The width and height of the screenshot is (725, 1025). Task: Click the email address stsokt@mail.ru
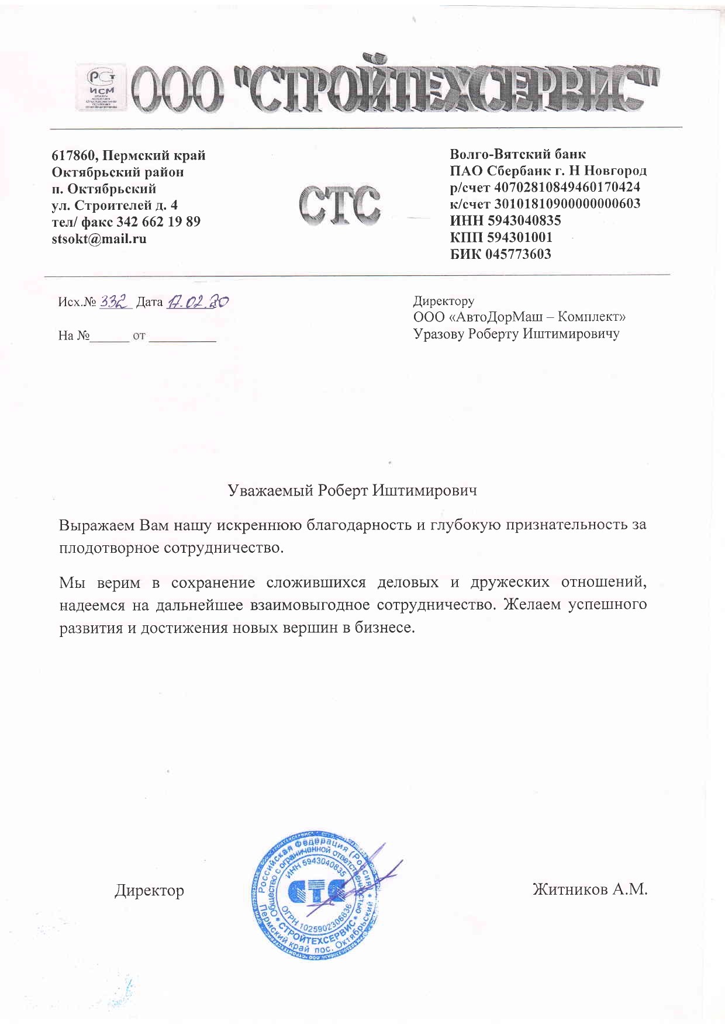click(x=99, y=238)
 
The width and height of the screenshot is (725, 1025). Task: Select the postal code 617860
click(x=74, y=155)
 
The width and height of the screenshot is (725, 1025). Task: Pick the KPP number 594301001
click(x=518, y=237)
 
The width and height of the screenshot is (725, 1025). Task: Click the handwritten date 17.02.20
click(x=198, y=302)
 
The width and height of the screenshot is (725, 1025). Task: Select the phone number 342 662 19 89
click(x=158, y=221)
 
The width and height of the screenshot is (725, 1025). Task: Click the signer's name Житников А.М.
click(x=589, y=889)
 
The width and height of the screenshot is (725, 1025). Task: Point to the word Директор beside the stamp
click(x=149, y=890)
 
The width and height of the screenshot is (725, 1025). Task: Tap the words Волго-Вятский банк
click(x=517, y=154)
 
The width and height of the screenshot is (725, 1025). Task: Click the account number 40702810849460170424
click(x=567, y=188)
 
